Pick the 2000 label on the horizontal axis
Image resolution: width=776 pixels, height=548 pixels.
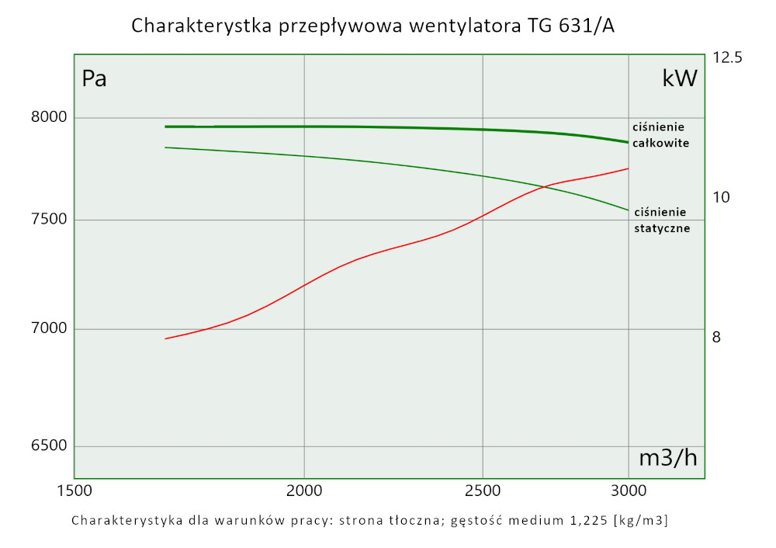point(304,491)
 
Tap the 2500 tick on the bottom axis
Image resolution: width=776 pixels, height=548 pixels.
point(483,491)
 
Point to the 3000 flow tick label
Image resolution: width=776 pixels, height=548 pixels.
point(628,491)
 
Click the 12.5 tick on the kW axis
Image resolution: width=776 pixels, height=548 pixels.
point(727,57)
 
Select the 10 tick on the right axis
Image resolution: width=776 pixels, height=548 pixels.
point(722,197)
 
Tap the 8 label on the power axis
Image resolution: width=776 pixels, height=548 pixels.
point(717,337)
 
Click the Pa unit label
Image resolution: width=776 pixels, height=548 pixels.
point(94,78)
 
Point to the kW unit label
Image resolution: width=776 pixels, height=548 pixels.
point(680,78)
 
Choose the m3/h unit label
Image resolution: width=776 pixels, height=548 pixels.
point(667,458)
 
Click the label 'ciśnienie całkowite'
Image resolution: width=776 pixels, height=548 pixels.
point(660,134)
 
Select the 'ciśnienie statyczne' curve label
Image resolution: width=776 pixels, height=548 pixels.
point(662,220)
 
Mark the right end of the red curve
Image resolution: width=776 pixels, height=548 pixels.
point(628,168)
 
